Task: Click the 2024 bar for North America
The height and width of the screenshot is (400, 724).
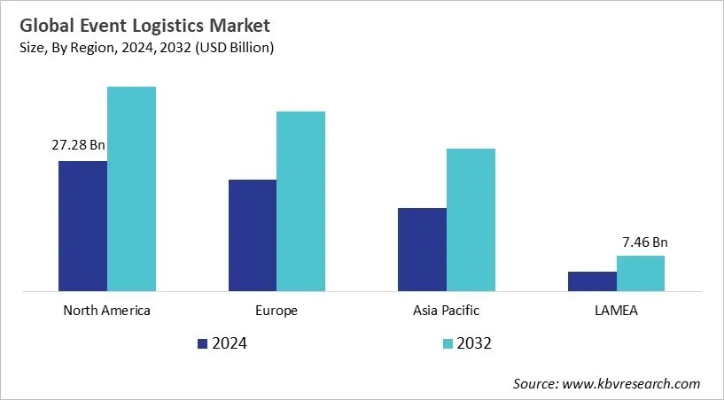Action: tap(82, 226)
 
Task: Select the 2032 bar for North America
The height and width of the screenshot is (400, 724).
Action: tap(131, 188)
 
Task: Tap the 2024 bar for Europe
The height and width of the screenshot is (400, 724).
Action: tap(253, 235)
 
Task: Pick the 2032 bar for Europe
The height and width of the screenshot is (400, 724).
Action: tap(300, 201)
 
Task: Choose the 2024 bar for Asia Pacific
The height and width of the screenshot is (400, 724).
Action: tap(422, 249)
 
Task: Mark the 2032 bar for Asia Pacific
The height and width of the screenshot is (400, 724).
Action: tap(471, 219)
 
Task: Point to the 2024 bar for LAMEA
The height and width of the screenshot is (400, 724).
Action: tap(592, 281)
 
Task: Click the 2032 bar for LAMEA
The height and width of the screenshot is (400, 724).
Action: tap(640, 273)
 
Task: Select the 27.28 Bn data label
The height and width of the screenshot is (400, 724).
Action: tap(78, 145)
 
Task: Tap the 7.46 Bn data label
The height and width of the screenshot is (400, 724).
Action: tap(644, 241)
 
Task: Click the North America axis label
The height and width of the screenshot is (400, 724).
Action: tap(106, 311)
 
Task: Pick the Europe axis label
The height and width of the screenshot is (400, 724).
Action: tap(276, 311)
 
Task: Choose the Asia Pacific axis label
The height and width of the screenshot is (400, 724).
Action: tap(446, 311)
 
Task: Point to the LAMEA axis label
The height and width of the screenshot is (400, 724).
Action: tap(616, 311)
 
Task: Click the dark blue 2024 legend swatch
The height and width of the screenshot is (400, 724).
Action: tap(202, 343)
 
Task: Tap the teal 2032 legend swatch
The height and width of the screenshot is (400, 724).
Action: tap(448, 343)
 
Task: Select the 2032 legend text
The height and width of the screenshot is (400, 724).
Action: tap(474, 343)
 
